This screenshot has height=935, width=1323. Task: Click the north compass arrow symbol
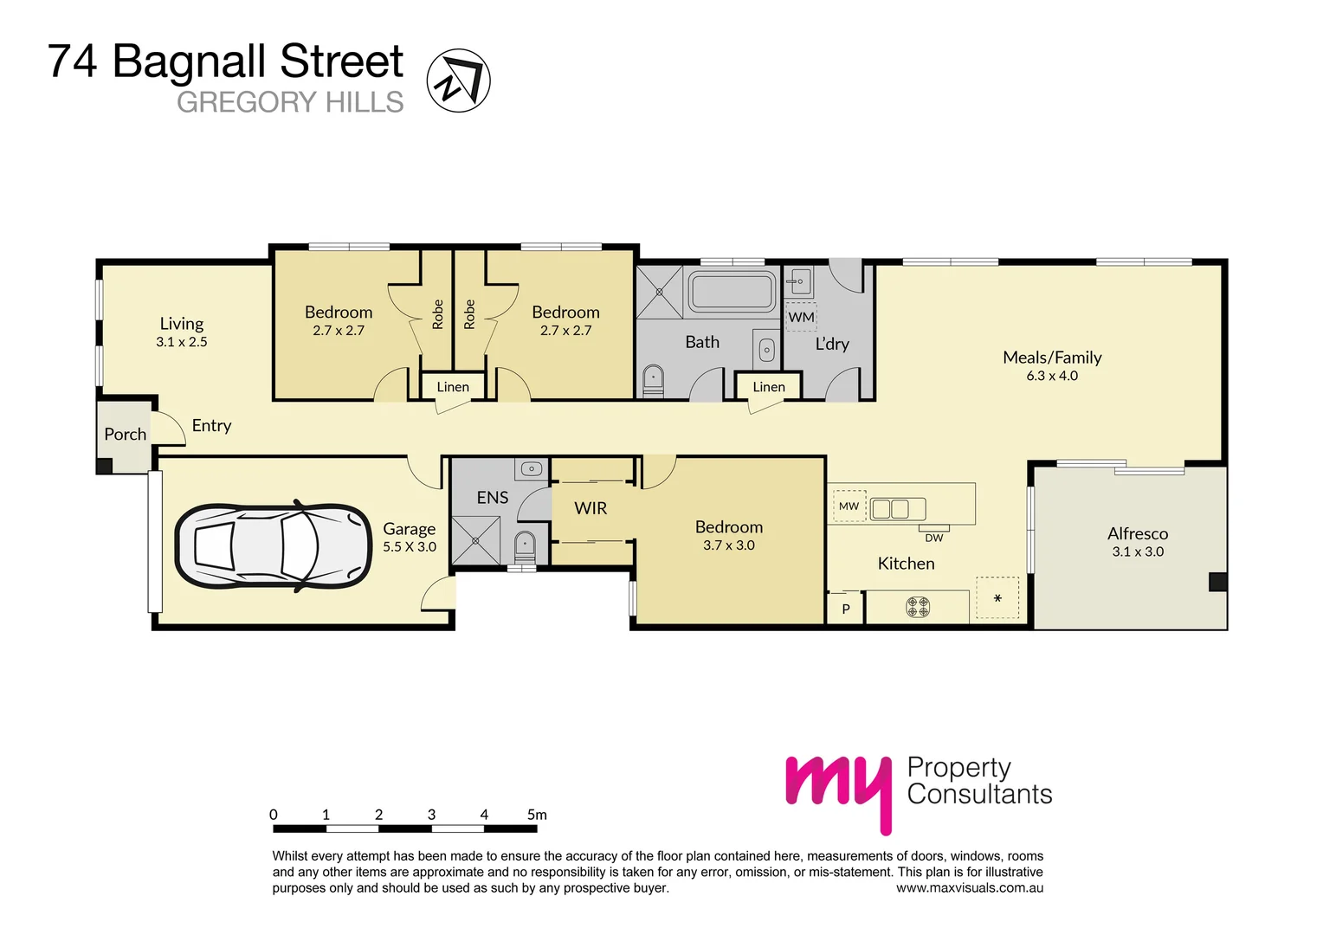(x=458, y=81)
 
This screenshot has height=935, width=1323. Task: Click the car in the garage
(x=274, y=547)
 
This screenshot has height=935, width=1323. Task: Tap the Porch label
(x=125, y=435)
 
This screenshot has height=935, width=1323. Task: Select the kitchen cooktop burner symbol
(x=918, y=607)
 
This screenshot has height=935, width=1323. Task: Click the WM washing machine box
(x=801, y=317)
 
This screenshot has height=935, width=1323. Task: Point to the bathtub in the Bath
(x=732, y=292)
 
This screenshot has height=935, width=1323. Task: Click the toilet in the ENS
(x=525, y=547)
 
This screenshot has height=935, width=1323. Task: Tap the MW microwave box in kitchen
(x=849, y=506)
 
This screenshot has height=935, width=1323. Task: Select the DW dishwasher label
(x=933, y=538)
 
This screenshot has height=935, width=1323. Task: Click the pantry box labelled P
(x=846, y=609)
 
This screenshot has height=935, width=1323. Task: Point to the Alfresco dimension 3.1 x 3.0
(x=1138, y=551)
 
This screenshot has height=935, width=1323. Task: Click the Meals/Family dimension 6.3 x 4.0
(x=1052, y=376)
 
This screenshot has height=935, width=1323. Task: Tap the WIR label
(x=591, y=508)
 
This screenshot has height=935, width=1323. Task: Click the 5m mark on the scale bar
(x=537, y=815)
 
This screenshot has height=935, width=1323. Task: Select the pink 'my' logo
(x=838, y=788)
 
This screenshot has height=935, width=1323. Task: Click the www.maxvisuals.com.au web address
(x=969, y=888)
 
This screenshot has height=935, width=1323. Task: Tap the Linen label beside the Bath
(x=768, y=387)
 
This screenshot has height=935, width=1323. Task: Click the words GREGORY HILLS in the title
(x=290, y=102)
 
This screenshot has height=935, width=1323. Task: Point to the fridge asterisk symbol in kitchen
(x=997, y=598)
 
